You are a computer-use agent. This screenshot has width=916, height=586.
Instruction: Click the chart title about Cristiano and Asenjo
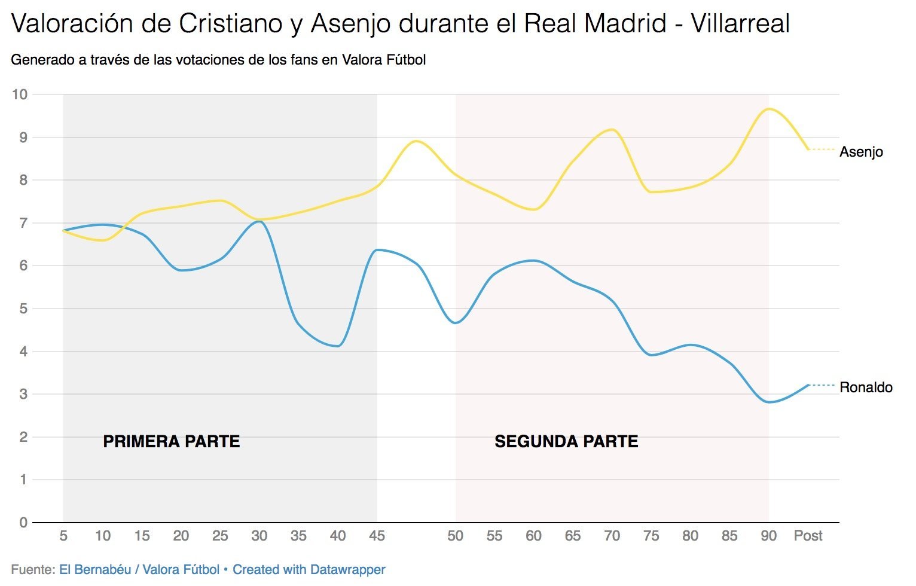[x=400, y=24]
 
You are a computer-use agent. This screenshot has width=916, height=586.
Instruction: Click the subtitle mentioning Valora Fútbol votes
[x=218, y=60]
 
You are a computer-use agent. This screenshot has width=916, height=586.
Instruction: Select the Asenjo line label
[x=861, y=152]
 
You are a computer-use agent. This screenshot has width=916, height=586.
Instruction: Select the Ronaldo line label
[x=865, y=387]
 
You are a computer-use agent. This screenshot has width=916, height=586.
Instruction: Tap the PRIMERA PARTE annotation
[x=172, y=441]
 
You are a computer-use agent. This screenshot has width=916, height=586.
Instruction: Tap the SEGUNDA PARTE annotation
[x=566, y=441]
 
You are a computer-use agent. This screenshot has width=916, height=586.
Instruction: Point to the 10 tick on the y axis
[x=20, y=94]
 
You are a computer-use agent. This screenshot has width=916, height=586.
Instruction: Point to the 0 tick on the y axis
[x=23, y=523]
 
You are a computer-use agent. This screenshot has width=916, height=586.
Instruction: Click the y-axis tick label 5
[x=23, y=309]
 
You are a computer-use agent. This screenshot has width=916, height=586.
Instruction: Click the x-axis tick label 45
[x=377, y=536]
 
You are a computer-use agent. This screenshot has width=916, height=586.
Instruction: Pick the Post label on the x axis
[x=808, y=536]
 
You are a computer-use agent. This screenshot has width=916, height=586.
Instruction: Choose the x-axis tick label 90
[x=768, y=536]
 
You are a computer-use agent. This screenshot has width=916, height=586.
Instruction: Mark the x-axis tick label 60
[x=533, y=536]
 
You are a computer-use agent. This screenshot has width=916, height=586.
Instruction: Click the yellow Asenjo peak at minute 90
[x=769, y=109]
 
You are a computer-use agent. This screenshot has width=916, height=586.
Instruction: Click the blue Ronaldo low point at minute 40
[x=338, y=346]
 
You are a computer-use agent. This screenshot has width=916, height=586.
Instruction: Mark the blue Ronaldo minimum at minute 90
[x=769, y=402]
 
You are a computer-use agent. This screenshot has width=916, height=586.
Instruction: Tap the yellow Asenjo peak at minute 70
[x=611, y=129]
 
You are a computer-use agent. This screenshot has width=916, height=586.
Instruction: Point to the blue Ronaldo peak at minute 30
[x=258, y=221]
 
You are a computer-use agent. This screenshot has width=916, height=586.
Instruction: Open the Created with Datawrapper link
[x=309, y=570]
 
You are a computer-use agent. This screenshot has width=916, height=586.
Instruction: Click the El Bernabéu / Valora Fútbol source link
[x=139, y=570]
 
